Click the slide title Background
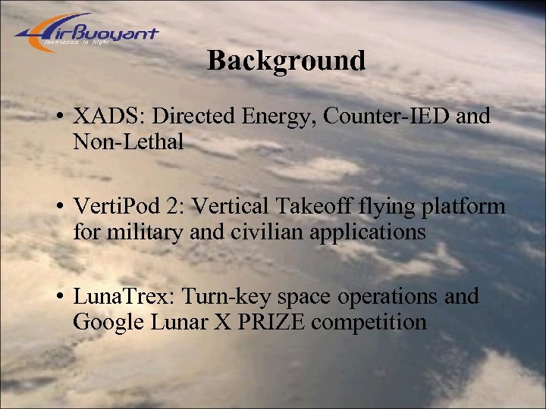click(286, 61)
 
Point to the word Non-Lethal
click(128, 142)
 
